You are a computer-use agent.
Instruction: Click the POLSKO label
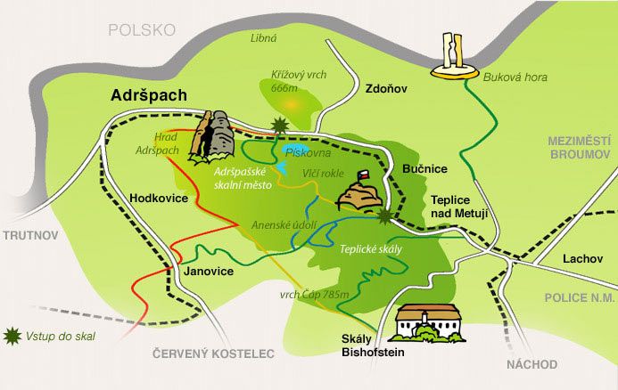click(141, 29)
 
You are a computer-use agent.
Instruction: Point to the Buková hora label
click(515, 77)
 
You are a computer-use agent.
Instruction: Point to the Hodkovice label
click(158, 199)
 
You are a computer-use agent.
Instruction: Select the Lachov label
click(582, 259)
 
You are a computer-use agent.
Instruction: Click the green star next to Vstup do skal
click(12, 336)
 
